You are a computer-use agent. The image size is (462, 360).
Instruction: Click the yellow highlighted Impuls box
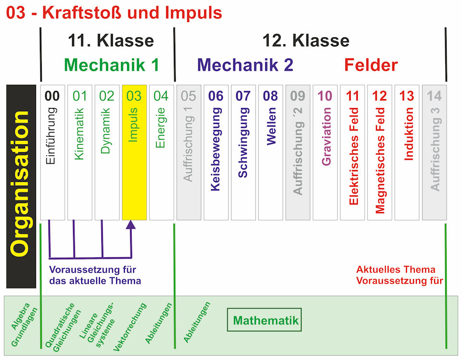click(134, 152)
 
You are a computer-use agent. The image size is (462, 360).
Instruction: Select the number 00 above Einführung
click(52, 96)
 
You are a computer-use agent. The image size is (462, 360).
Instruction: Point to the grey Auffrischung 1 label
click(189, 144)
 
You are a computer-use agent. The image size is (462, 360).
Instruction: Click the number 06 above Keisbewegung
click(216, 96)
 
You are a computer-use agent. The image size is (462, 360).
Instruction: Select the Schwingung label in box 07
click(243, 143)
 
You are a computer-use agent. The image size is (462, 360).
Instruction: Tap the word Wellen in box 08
click(271, 126)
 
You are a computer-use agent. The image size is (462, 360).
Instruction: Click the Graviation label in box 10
click(326, 137)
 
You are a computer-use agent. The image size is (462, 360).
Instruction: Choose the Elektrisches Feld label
click(353, 156)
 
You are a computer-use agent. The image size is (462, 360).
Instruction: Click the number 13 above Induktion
click(407, 96)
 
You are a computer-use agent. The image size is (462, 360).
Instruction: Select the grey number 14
click(434, 96)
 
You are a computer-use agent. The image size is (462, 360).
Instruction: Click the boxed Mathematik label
click(265, 321)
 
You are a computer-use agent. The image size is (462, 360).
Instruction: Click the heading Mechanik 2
click(245, 65)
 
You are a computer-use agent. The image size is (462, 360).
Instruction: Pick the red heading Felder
click(371, 65)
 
